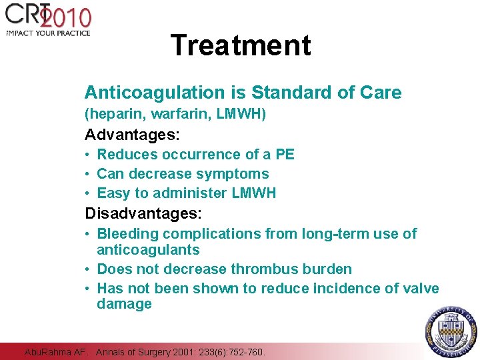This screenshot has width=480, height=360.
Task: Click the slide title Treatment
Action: [x=241, y=45]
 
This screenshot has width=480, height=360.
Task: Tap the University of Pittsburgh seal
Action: [x=451, y=331]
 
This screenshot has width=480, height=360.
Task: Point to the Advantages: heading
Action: [x=132, y=134]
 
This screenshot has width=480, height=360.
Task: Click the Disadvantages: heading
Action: [x=143, y=213]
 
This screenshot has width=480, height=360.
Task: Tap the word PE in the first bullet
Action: [x=285, y=155]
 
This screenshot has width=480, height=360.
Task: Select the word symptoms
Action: [x=237, y=174]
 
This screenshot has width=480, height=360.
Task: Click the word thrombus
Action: [x=261, y=269]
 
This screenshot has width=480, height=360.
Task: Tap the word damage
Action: [x=124, y=304]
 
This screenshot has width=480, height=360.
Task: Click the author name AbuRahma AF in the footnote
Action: [x=55, y=351]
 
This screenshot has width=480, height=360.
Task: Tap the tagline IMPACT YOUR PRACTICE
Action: [x=48, y=33]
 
